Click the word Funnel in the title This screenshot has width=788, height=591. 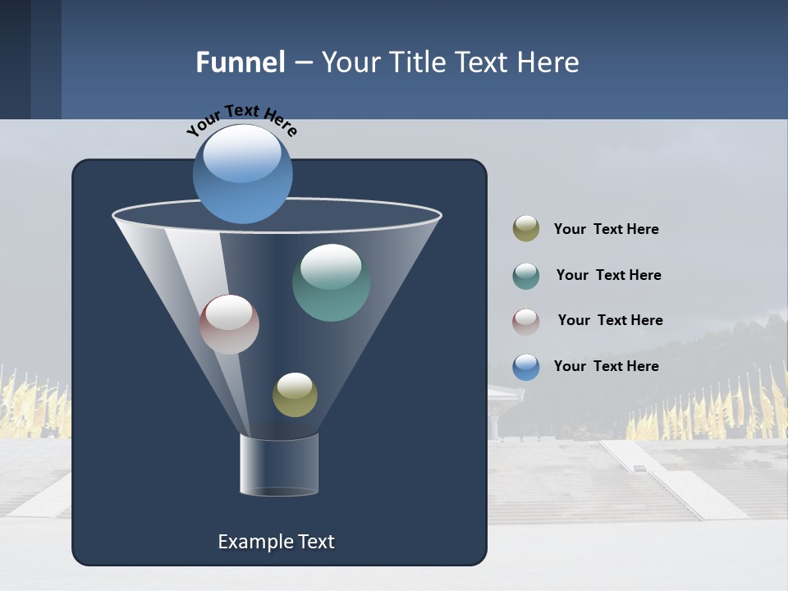point(241,62)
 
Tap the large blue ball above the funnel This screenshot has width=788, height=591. point(242,174)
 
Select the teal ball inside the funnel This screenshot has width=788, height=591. point(331,283)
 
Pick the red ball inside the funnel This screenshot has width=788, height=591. point(229,324)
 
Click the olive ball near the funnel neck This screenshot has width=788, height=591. point(295,395)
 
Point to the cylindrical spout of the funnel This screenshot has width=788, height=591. point(279,465)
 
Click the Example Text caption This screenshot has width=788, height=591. point(276,542)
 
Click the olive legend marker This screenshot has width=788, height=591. point(526,229)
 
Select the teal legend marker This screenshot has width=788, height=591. point(526,276)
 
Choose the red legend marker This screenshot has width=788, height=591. point(526,321)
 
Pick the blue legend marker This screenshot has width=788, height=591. point(526,367)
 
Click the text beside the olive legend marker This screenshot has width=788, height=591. point(606,229)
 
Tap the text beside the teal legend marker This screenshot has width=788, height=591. point(608,275)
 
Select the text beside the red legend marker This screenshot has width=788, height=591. point(610,320)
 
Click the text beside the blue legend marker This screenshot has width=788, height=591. point(606,366)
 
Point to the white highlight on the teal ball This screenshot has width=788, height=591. point(331,264)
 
